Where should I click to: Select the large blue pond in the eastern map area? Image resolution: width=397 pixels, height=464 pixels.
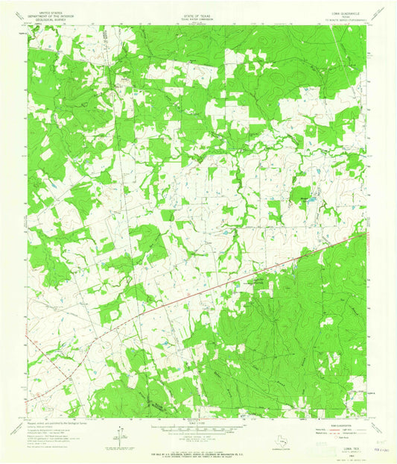point(313,199)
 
